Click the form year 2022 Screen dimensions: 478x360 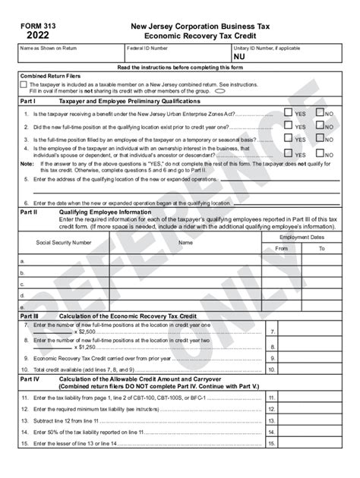click(x=37, y=35)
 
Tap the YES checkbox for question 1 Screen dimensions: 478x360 click(x=288, y=113)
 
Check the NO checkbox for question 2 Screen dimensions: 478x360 click(x=321, y=126)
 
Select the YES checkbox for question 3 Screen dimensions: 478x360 click(x=288, y=139)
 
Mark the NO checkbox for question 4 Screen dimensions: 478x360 click(x=321, y=152)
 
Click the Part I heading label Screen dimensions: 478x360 click(x=28, y=99)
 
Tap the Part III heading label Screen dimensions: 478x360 click(x=30, y=313)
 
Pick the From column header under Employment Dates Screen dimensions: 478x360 click(x=281, y=248)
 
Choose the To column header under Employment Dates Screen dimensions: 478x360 click(x=321, y=248)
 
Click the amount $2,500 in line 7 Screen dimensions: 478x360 click(x=87, y=332)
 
